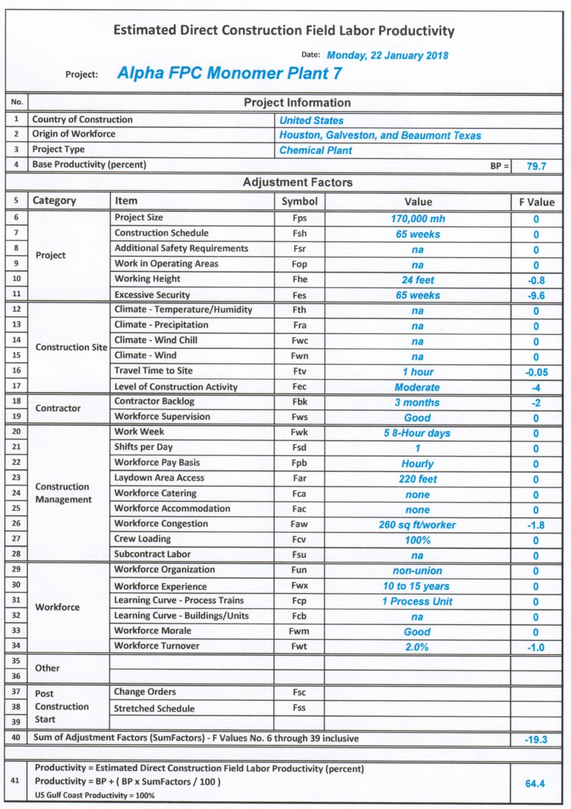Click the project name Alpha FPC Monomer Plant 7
tap(229, 73)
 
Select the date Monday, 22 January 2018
tap(387, 55)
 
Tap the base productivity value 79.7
tap(536, 166)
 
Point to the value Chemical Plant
tap(315, 151)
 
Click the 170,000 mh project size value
tap(418, 219)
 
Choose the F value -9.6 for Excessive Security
tap(536, 296)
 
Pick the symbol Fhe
tap(299, 280)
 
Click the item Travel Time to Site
tap(153, 371)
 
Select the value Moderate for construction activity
tap(417, 388)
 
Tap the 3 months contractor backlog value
tap(417, 403)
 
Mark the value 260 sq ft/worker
tap(417, 525)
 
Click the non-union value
tap(417, 571)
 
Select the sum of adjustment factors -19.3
tap(536, 740)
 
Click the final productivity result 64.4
tap(535, 784)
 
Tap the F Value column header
tap(536, 202)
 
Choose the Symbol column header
tap(299, 202)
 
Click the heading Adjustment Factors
tap(297, 183)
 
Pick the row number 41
tap(15, 781)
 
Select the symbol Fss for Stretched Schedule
tap(299, 708)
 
